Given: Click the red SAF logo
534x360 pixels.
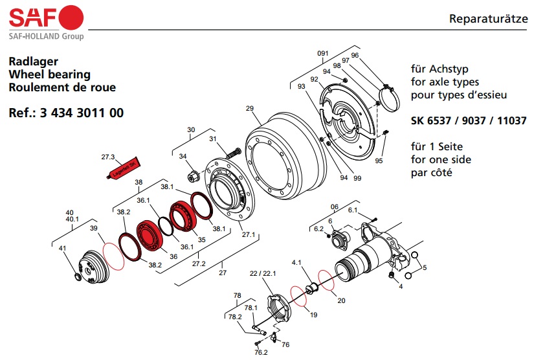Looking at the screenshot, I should (x=45, y=16).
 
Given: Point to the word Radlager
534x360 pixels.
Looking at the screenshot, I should (x=34, y=62).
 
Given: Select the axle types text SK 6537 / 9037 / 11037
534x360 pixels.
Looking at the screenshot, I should (x=469, y=120).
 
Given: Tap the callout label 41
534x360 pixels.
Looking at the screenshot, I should (x=63, y=249).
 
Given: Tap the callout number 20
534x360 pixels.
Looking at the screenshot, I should (x=341, y=300).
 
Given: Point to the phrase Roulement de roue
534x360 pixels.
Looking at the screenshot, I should (x=62, y=87).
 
